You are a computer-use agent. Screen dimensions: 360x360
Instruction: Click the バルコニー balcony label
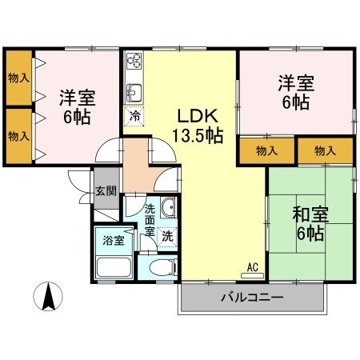252,298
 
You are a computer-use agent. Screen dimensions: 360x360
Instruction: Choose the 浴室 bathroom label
109,239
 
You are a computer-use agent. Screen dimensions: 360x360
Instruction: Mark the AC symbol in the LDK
252,267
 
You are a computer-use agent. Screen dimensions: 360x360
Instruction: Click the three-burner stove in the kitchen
134,61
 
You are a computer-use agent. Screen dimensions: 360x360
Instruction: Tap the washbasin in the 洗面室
167,210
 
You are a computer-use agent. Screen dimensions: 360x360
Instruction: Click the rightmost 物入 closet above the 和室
325,150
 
